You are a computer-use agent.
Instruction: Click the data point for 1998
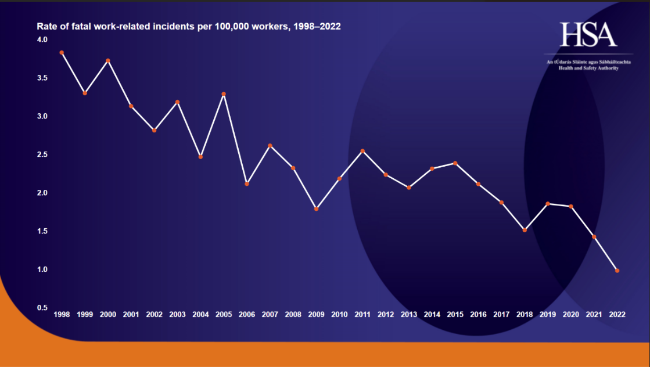pos(62,53)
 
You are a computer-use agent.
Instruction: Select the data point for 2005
pos(224,94)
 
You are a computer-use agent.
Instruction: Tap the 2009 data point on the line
pos(316,208)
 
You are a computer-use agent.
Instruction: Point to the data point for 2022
pos(617,271)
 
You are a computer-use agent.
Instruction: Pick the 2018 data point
pos(525,230)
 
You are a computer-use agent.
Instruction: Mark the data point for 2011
pos(362,151)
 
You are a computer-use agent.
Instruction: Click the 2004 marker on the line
pos(200,157)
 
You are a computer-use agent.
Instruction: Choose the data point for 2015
pos(455,163)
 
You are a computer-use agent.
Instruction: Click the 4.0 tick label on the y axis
pos(42,39)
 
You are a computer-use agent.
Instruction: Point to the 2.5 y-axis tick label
pos(42,154)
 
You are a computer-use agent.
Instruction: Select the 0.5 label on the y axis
pos(42,308)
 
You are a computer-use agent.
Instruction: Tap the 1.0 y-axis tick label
pos(42,269)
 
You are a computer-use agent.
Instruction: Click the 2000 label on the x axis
pos(108,314)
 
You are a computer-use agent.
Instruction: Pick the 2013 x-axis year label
pos(409,314)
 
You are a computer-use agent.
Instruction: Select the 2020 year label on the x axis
pos(571,314)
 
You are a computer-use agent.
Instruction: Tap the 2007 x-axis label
pos(270,314)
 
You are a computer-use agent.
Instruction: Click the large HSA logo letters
pos(588,35)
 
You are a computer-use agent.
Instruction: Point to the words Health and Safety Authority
pos(588,68)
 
